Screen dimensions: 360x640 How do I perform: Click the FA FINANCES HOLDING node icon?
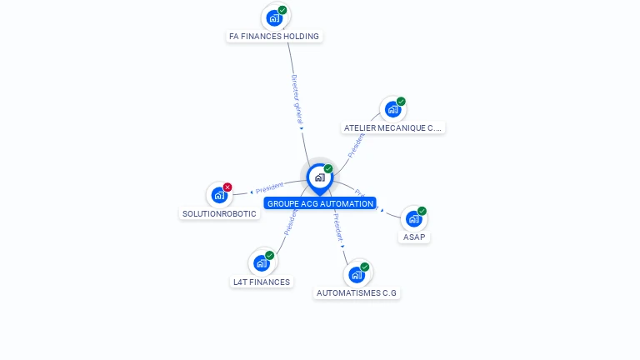(274, 17)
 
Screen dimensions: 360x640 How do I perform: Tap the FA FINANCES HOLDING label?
(274, 37)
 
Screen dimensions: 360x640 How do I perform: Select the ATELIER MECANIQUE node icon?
(392, 109)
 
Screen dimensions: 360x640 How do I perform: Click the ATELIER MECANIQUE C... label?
(393, 128)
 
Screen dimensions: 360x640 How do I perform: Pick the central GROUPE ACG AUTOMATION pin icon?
(319, 177)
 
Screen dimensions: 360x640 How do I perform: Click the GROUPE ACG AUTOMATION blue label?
(320, 203)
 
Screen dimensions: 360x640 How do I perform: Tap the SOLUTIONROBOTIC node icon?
(219, 195)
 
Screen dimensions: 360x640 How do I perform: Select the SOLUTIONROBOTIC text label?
(219, 214)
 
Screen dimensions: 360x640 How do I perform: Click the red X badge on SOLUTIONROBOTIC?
(227, 187)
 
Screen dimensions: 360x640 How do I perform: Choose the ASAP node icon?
(413, 219)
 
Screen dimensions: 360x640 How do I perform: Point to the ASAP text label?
(414, 237)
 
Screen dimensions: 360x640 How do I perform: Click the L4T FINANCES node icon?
(262, 263)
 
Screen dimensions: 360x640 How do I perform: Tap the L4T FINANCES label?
(262, 282)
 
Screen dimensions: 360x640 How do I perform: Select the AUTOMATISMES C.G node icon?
(357, 274)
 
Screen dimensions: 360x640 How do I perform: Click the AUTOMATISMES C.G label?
(357, 293)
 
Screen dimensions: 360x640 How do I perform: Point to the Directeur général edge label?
(296, 99)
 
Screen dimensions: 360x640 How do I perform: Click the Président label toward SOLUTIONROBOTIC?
(269, 187)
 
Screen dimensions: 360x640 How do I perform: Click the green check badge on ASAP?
(422, 211)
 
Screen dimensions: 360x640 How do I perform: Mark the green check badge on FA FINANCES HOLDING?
(282, 10)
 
